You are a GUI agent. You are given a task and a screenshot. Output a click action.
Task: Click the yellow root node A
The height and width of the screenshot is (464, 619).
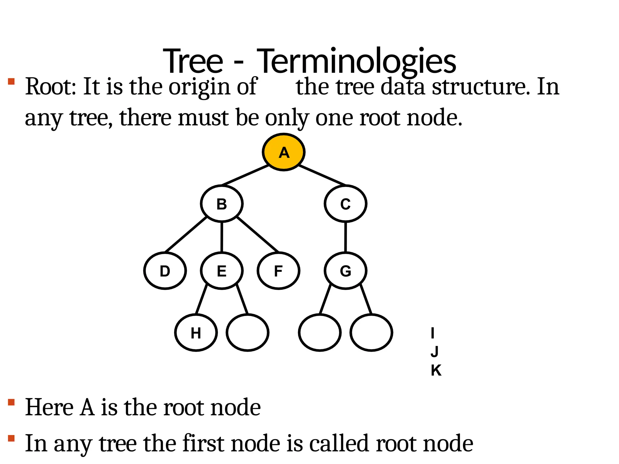[x=284, y=152]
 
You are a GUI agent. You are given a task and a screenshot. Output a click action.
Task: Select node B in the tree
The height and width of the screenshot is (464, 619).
[x=222, y=204]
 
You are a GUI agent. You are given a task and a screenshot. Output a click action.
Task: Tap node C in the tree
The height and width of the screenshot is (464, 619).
[x=345, y=204]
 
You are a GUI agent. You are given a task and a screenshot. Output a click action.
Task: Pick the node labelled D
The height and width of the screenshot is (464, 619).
[x=165, y=271]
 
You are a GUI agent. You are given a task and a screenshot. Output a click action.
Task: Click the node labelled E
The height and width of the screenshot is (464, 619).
[x=222, y=271]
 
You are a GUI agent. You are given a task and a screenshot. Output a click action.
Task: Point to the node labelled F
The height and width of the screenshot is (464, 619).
[x=278, y=271]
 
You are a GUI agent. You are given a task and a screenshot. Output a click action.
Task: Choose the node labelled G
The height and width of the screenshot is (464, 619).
[x=345, y=271]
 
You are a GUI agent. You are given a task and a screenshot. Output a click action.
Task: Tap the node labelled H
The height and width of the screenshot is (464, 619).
[x=196, y=333]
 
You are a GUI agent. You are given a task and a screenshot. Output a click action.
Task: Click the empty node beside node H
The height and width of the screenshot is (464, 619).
[x=248, y=333]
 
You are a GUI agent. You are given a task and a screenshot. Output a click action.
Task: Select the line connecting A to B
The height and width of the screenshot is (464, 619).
[x=245, y=175]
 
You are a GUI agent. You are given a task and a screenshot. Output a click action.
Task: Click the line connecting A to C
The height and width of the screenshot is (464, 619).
[x=322, y=175]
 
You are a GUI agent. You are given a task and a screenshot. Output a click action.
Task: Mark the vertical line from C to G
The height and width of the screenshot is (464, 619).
[x=345, y=237]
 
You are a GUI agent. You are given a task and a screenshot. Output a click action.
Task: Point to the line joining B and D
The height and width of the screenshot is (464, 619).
[x=186, y=234]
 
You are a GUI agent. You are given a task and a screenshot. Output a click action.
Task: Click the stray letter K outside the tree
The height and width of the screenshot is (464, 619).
[x=436, y=370]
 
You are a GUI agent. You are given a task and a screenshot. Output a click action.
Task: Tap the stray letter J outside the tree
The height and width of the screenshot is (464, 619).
[x=435, y=352]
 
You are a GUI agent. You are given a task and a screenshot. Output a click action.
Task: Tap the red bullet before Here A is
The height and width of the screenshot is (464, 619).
[x=11, y=402]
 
